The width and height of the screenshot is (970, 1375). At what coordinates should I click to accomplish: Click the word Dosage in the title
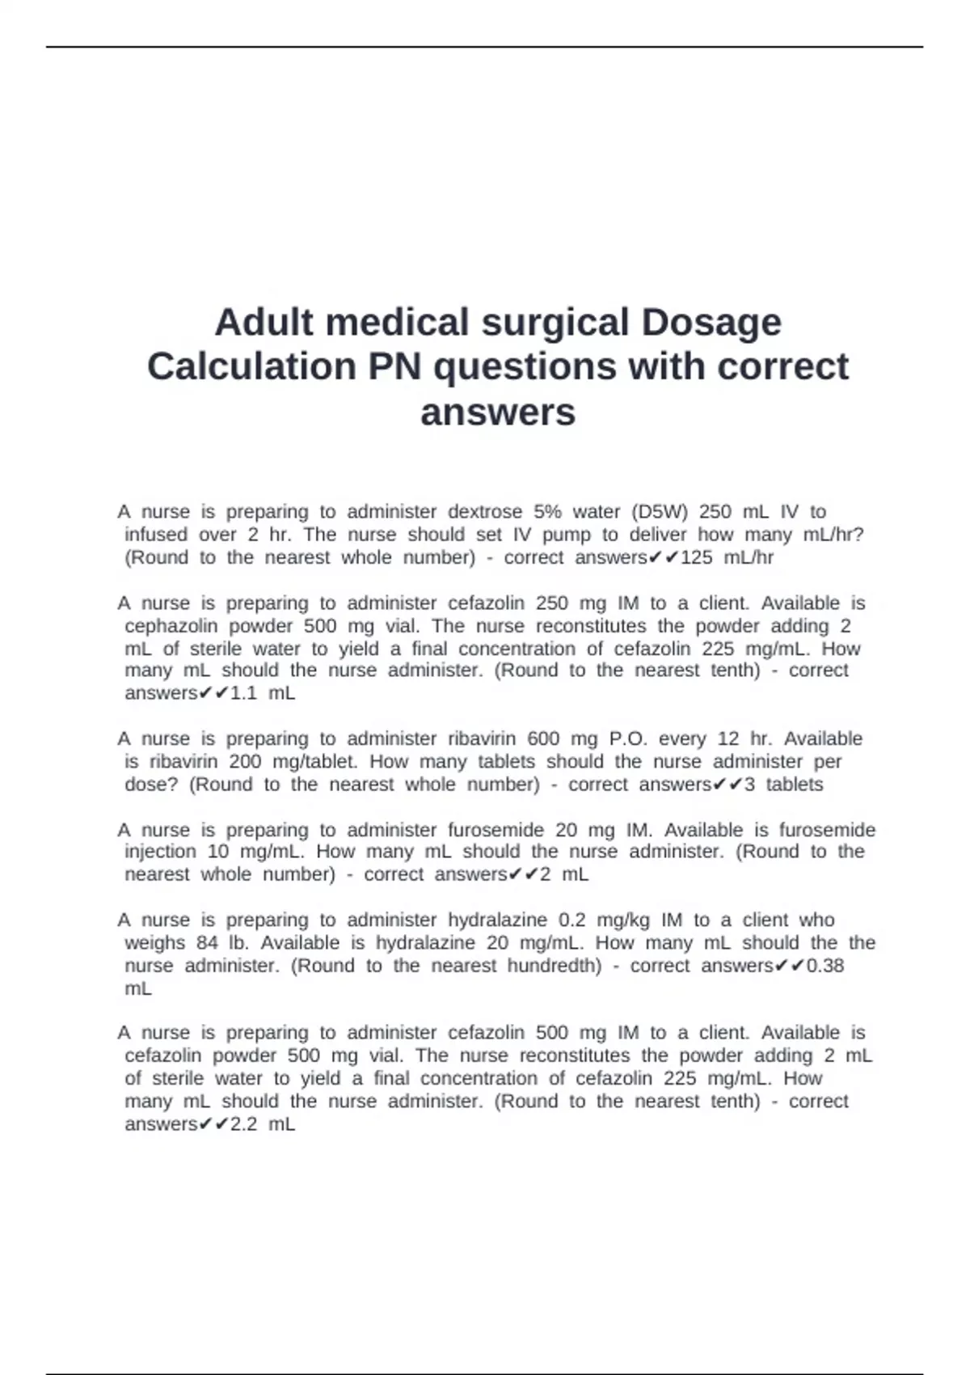point(711,323)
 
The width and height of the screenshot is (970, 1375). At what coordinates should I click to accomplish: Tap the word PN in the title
point(394,367)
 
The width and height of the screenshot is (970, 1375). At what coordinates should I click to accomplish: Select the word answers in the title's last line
point(498,412)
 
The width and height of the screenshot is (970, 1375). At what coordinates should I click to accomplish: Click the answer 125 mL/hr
point(727,557)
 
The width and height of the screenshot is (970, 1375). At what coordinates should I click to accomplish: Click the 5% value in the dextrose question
point(547,512)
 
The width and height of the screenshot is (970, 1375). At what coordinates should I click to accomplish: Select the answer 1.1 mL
point(262,693)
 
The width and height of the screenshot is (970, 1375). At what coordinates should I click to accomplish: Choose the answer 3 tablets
point(782,785)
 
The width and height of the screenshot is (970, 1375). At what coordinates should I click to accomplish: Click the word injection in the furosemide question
point(160,852)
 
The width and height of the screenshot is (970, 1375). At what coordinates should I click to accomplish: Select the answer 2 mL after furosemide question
point(564,874)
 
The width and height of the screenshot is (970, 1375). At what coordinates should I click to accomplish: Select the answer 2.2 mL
point(262,1124)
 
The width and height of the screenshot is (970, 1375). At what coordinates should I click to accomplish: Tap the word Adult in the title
point(264,323)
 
